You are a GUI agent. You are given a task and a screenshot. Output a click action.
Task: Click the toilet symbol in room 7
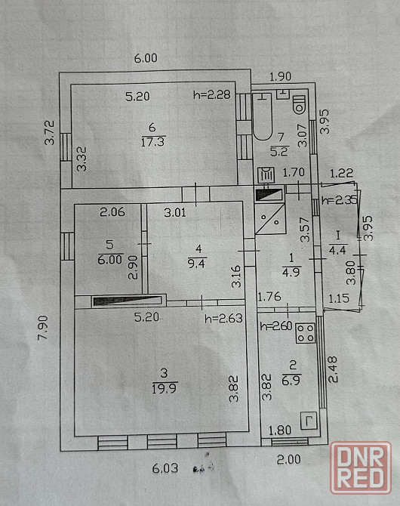click(299, 103)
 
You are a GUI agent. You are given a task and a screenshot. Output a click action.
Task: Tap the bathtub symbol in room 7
click(262, 116)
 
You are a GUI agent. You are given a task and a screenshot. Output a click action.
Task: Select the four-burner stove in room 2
click(305, 333)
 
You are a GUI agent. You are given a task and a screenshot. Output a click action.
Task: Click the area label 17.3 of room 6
click(153, 142)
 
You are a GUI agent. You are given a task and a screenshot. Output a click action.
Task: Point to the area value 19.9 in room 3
click(165, 388)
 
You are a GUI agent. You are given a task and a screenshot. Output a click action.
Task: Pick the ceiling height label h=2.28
click(212, 94)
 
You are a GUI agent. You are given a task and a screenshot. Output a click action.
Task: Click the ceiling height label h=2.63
click(223, 319)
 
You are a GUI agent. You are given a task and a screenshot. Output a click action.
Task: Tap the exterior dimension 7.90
click(42, 328)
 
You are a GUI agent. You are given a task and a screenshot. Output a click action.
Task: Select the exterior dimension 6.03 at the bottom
click(165, 468)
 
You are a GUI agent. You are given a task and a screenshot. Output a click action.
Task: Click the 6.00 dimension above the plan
click(146, 58)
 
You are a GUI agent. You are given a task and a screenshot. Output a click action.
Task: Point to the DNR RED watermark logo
click(361, 467)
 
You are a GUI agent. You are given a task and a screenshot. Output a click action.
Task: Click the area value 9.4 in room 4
click(196, 264)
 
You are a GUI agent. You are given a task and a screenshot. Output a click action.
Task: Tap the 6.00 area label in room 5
click(110, 260)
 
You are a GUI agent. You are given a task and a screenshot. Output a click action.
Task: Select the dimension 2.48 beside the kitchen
click(333, 369)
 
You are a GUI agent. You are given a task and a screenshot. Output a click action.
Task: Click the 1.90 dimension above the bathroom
click(280, 77)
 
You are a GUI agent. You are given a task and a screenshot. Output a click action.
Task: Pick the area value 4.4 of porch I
click(338, 250)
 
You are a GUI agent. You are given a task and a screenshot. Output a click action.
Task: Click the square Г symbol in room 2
click(309, 421)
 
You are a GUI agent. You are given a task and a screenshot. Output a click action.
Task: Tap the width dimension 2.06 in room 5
click(112, 212)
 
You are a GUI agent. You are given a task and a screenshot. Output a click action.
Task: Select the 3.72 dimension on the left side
click(50, 133)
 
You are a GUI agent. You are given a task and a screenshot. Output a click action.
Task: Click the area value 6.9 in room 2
click(291, 380)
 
